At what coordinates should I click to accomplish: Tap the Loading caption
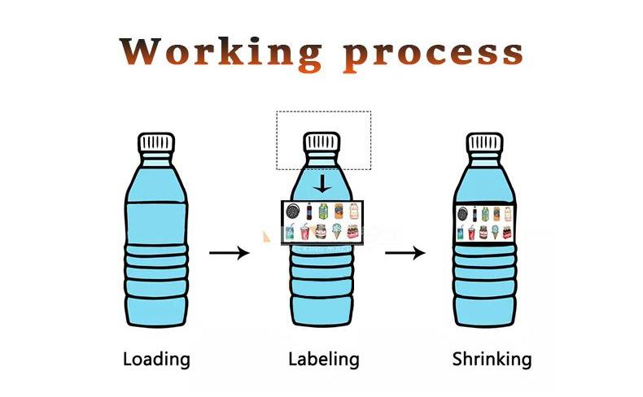(156, 358)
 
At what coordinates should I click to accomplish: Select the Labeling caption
(323, 358)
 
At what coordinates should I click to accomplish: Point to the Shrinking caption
(492, 358)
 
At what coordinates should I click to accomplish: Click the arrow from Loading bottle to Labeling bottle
(230, 253)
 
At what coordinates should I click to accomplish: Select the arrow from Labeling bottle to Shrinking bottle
(405, 253)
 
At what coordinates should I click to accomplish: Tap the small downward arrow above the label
(323, 183)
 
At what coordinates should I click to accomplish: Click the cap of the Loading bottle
(157, 142)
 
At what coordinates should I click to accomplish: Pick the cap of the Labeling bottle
(323, 142)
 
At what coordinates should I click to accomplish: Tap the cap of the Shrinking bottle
(491, 142)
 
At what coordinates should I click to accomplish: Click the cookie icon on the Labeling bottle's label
(290, 212)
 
